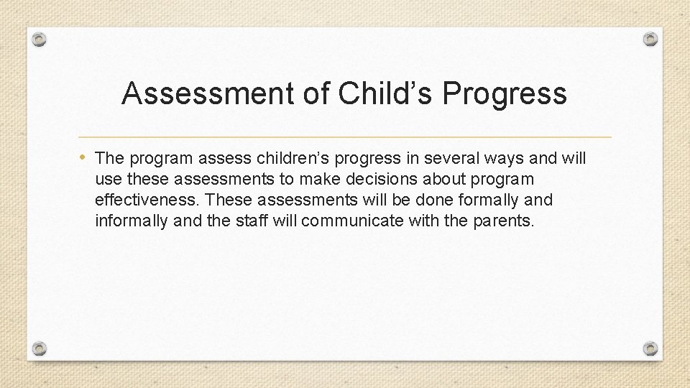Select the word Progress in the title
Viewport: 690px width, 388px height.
pyautogui.click(x=505, y=94)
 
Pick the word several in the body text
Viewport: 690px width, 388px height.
pyautogui.click(x=450, y=157)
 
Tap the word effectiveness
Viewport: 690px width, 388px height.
pyautogui.click(x=149, y=199)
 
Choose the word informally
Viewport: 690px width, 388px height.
pyautogui.click(x=132, y=220)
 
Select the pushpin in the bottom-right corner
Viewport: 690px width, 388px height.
pyautogui.click(x=650, y=348)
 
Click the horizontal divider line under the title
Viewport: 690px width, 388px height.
pyautogui.click(x=344, y=137)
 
